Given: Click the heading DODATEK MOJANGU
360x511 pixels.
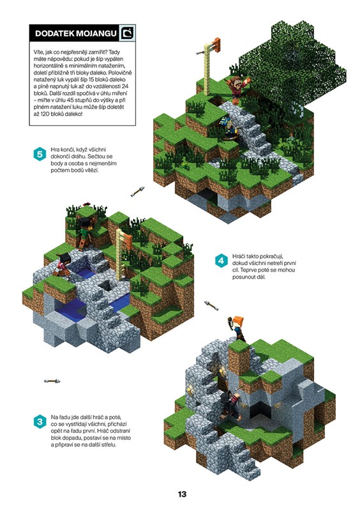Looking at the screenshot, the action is pyautogui.click(x=75, y=33).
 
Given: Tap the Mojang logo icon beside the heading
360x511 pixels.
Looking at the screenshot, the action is pyautogui.click(x=127, y=33).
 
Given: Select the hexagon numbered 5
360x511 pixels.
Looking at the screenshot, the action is pyautogui.click(x=40, y=154).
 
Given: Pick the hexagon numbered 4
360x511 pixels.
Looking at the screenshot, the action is pyautogui.click(x=221, y=261).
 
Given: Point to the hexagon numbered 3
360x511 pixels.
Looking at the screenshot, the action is pyautogui.click(x=40, y=422).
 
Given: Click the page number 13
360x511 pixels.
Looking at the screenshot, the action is pyautogui.click(x=182, y=494).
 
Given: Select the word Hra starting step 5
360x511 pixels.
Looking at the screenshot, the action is pyautogui.click(x=55, y=149).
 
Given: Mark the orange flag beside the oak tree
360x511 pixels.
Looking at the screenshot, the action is pyautogui.click(x=215, y=43).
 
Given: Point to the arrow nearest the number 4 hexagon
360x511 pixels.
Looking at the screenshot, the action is pyautogui.click(x=211, y=305).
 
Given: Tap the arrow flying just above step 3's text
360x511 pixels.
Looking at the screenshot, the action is pyautogui.click(x=52, y=381).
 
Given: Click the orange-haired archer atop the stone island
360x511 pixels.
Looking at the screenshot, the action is pyautogui.click(x=237, y=328).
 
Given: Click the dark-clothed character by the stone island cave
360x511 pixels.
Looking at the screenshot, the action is pyautogui.click(x=231, y=405).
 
